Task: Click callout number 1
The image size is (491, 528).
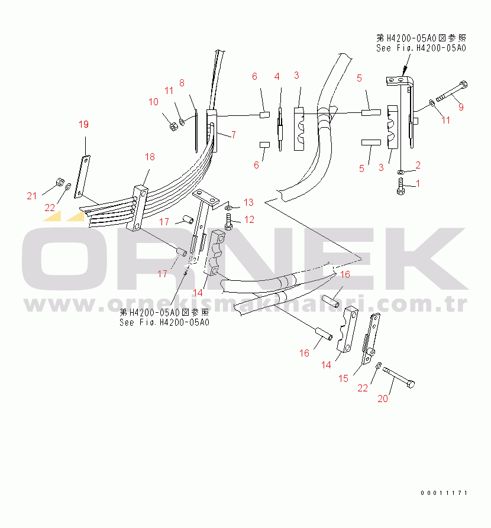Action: (x=418, y=184)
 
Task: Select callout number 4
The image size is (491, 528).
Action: (x=276, y=77)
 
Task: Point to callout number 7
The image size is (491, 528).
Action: (x=233, y=135)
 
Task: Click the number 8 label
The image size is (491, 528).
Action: (x=182, y=83)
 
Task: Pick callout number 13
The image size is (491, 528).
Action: (x=248, y=202)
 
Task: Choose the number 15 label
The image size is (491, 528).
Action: (x=344, y=378)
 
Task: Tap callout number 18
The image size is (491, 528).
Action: (x=150, y=157)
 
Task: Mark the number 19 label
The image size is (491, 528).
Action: (x=83, y=124)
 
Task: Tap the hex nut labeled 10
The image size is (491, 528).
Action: (x=173, y=126)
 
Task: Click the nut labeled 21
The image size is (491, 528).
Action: (x=59, y=182)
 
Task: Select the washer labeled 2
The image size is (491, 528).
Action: (x=400, y=171)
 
